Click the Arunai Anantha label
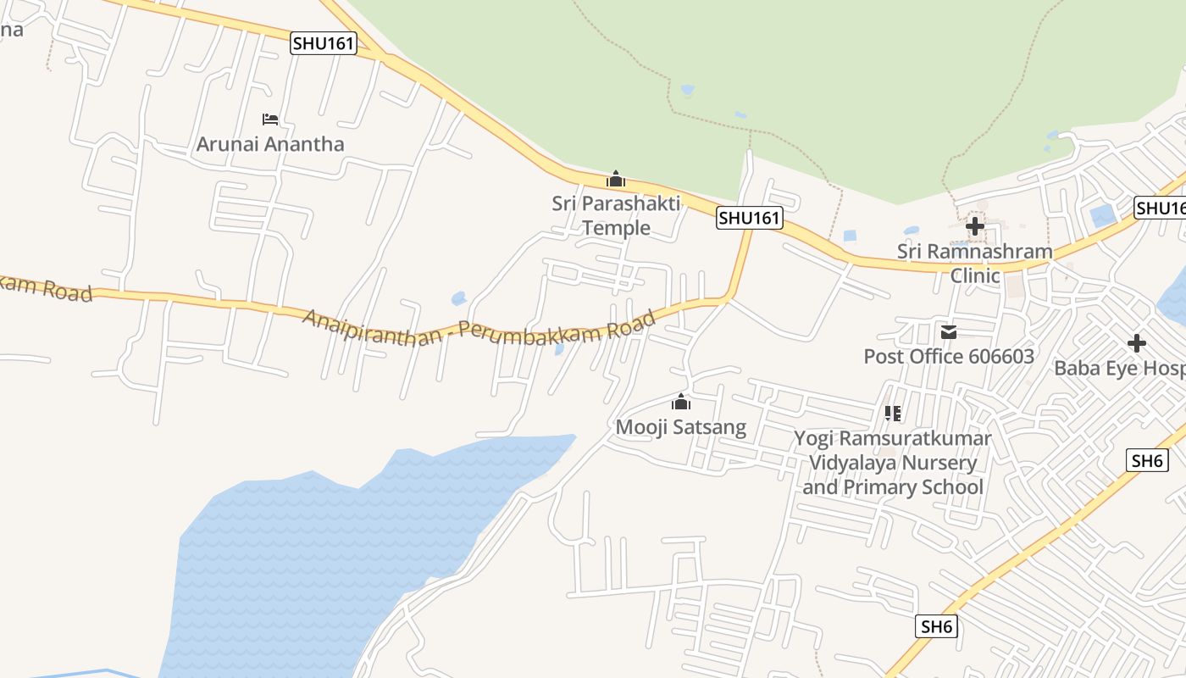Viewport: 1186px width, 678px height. (x=270, y=144)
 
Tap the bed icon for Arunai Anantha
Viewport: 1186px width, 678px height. (x=270, y=119)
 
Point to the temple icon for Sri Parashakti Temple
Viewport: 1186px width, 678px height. (x=616, y=180)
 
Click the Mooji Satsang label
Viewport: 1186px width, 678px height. (x=680, y=427)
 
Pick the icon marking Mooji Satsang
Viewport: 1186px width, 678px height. (x=681, y=403)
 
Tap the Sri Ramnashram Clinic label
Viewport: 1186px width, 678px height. (x=975, y=263)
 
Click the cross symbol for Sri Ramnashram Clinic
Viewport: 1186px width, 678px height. (x=975, y=226)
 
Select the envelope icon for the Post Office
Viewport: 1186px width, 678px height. (x=949, y=332)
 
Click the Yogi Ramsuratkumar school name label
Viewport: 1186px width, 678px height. (x=893, y=463)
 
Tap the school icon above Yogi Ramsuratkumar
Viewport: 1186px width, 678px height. (x=892, y=414)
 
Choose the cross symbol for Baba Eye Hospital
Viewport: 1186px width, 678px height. (x=1137, y=343)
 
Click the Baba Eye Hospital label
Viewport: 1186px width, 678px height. (x=1118, y=369)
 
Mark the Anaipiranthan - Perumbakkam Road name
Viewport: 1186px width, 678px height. (x=479, y=326)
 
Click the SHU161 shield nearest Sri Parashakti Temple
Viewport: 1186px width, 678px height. (x=749, y=218)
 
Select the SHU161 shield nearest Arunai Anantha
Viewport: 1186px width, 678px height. (x=323, y=43)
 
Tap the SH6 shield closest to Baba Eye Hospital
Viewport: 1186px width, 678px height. (x=1147, y=460)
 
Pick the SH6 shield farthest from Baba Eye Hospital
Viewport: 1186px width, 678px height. (x=937, y=627)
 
